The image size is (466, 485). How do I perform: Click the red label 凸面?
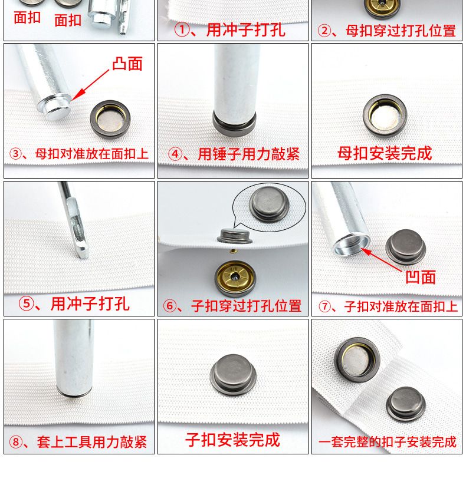(127, 64)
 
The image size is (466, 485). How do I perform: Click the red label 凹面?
(421, 277)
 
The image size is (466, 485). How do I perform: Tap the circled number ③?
(15, 154)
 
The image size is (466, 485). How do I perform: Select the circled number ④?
(175, 154)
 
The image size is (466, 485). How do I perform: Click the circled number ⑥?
(170, 306)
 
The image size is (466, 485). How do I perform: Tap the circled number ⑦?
(325, 306)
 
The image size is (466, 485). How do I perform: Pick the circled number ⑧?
(15, 442)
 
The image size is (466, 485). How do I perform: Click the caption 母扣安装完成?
(385, 153)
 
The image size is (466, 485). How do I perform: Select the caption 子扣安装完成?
(232, 440)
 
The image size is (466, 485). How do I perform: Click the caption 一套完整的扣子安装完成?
(388, 442)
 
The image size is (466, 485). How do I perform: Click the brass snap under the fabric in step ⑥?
(235, 277)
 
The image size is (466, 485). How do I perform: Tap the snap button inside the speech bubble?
(269, 204)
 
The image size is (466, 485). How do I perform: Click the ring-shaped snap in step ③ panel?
(110, 118)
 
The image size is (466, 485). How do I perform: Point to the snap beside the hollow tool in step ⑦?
(406, 247)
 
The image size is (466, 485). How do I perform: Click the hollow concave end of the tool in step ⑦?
(352, 245)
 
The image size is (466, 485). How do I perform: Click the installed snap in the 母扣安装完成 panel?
(385, 116)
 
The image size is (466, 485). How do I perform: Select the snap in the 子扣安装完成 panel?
(234, 375)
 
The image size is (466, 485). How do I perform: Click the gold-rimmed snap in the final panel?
(357, 360)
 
